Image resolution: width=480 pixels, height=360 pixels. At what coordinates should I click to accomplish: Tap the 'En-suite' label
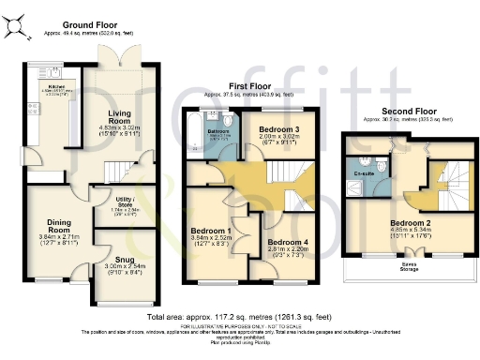(365, 173)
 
